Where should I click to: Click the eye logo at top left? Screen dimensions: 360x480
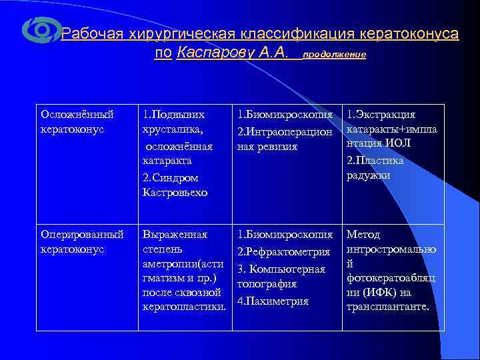coord(41,30)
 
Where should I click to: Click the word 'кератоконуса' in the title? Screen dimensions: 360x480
coord(409,34)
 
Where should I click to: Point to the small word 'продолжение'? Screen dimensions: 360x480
coord(334,55)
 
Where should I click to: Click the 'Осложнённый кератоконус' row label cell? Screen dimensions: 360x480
coord(73,121)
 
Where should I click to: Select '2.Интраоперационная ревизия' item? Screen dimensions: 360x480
coord(283,139)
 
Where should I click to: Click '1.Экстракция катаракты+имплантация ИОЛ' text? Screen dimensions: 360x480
coord(391,129)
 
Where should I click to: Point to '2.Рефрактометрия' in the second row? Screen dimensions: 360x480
coord(283,251)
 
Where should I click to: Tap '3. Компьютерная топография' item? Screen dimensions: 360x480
coord(281,276)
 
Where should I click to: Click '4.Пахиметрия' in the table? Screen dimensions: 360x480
coord(273,301)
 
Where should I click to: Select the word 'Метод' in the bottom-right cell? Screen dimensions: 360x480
coord(363,235)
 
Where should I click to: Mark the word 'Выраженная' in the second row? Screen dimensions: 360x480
coord(175,235)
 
